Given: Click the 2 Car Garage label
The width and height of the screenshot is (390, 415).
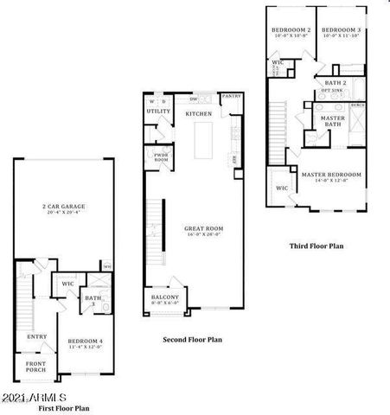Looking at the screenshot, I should click(63, 207).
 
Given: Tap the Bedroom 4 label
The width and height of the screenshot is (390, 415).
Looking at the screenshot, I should click(86, 342).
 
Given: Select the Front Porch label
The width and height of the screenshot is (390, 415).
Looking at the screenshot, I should click(35, 366).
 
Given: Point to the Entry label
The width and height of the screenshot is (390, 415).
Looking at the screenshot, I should click(37, 336).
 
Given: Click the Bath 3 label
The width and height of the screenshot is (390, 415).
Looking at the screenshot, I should click(92, 301).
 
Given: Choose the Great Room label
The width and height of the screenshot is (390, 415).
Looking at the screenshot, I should click(204, 230).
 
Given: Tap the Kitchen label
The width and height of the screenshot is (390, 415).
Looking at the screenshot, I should click(200, 113).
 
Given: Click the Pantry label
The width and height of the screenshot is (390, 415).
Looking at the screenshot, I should click(231, 97).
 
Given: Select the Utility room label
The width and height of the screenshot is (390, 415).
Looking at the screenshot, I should click(158, 112).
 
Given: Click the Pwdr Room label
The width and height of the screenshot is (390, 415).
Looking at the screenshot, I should click(161, 158).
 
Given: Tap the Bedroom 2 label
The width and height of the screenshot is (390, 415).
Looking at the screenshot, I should click(290, 31).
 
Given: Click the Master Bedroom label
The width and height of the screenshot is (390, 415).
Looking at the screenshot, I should click(331, 175).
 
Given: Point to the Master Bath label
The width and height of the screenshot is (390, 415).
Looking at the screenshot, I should click(333, 121).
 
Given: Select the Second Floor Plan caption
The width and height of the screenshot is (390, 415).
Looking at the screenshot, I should click(193, 340).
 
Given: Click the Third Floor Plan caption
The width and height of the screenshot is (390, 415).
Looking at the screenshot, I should click(316, 246).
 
